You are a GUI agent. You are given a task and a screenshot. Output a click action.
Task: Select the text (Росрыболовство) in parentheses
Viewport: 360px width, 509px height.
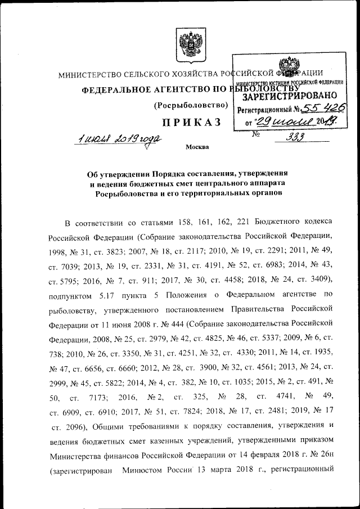click(x=191, y=105)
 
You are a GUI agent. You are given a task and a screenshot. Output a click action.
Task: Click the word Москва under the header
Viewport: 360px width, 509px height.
click(x=196, y=148)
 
